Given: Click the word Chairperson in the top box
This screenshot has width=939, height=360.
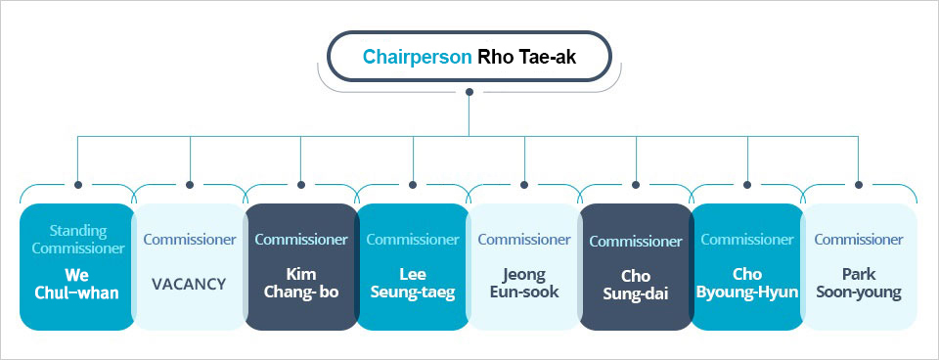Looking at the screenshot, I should click(417, 57).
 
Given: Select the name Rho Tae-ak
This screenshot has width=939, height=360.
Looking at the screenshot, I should click(527, 57).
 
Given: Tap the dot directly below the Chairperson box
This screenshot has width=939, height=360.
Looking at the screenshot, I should click(469, 92).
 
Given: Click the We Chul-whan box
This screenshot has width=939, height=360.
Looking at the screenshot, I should click(77, 266).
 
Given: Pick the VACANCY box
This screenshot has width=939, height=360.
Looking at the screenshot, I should click(189, 266).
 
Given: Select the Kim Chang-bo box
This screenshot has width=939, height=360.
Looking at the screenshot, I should click(300, 266).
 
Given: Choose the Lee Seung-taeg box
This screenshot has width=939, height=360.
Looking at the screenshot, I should click(412, 266).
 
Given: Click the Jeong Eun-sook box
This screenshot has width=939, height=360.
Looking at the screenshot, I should click(524, 266).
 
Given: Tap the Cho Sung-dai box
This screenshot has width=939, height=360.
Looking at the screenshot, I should click(636, 266).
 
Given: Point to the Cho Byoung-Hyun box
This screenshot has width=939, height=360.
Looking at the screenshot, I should click(747, 266).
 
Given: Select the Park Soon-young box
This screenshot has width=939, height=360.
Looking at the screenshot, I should click(859, 266).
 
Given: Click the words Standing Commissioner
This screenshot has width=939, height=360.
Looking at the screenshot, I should click(77, 239).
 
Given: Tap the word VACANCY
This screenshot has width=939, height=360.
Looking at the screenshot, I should click(189, 284).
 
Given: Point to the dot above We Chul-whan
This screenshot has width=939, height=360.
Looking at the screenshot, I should click(77, 184).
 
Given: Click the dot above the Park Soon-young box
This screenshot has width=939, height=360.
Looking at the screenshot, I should click(859, 184).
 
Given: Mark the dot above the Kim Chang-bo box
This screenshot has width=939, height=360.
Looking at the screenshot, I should click(300, 184).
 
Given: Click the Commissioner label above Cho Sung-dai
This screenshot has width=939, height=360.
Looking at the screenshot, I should click(636, 241).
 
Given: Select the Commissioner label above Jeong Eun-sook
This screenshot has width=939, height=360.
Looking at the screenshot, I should click(524, 239).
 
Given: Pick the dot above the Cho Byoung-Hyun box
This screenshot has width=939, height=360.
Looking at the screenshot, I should click(747, 184).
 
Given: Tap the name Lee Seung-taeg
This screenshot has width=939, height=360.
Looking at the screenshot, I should click(412, 283).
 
